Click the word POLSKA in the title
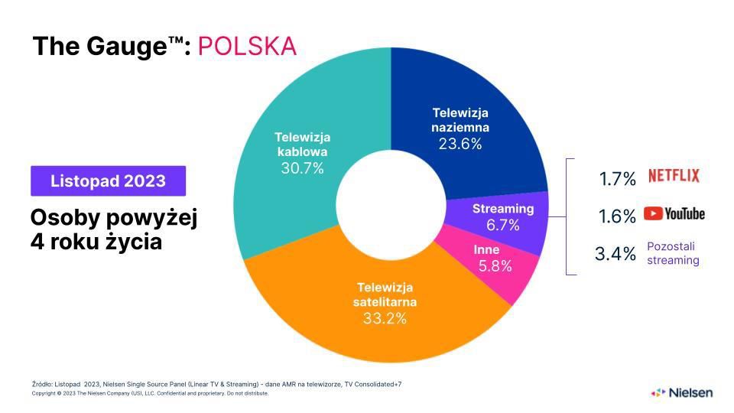click(x=247, y=46)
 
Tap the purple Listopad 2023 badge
click(x=108, y=181)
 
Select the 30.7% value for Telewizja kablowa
click(x=303, y=168)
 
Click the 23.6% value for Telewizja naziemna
click(x=460, y=144)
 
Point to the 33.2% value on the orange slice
click(x=385, y=318)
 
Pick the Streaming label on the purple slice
click(x=503, y=209)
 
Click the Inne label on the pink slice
click(x=486, y=250)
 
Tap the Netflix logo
click(x=674, y=176)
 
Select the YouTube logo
click(x=674, y=214)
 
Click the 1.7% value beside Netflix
click(x=618, y=179)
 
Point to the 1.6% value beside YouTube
click(x=618, y=216)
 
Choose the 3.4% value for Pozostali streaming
click(x=615, y=253)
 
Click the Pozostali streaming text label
click(x=673, y=253)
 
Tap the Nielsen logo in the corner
click(x=681, y=392)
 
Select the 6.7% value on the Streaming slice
click(x=502, y=225)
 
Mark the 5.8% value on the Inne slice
click(x=495, y=266)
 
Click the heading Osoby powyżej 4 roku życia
click(x=113, y=231)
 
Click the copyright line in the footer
click(x=150, y=394)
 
